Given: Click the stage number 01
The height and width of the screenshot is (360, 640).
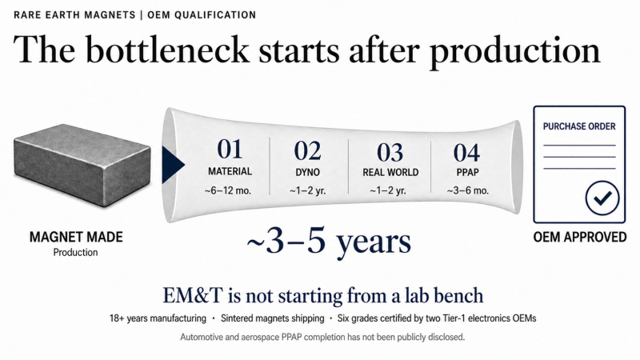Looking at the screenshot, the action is click(230, 149).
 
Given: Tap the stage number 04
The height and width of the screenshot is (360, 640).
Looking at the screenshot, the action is click(466, 153).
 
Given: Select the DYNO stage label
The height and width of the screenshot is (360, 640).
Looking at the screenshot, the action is click(307, 173).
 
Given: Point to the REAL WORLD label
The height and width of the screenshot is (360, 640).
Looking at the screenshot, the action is click(390, 173).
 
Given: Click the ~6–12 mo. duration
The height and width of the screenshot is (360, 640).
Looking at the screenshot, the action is click(228, 190).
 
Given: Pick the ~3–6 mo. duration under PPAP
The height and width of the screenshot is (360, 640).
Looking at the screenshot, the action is click(467, 190).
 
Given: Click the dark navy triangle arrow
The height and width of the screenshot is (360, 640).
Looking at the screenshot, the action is click(173, 165).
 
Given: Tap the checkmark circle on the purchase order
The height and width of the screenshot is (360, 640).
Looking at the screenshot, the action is click(602, 198).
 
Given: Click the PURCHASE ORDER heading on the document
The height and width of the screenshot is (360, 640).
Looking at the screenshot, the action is click(579, 126).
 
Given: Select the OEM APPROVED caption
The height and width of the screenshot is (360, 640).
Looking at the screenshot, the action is click(579, 237).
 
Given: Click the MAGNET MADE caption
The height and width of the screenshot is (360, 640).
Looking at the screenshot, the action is click(76, 237).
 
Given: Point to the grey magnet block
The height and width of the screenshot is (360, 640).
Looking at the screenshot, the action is click(82, 166).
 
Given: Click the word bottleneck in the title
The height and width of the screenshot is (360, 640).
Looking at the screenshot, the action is click(167, 50).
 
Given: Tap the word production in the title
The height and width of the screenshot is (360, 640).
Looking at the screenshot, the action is click(515, 52).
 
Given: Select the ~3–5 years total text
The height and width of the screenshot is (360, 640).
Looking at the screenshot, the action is click(329, 242).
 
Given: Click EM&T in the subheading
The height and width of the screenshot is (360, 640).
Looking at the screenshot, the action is click(193, 295).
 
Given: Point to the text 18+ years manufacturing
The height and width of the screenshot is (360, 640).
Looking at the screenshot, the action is click(158, 318).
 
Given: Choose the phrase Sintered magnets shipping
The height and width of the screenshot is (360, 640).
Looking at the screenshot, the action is click(272, 318).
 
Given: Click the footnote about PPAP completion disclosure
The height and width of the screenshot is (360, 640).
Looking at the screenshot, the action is click(322, 337).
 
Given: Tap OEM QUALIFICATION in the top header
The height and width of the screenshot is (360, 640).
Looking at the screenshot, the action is click(202, 15).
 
